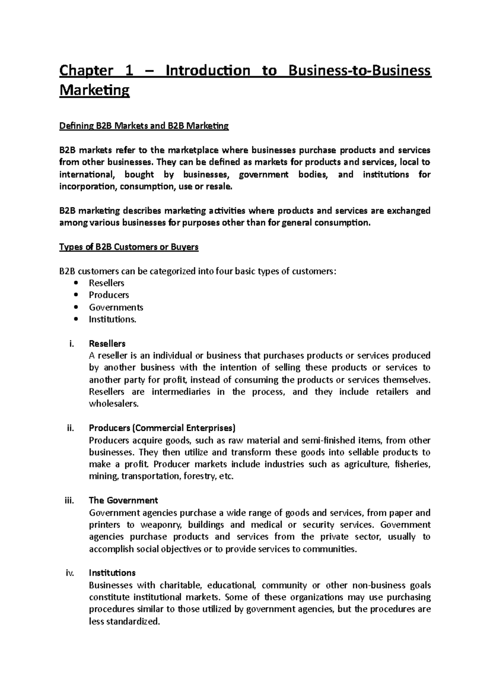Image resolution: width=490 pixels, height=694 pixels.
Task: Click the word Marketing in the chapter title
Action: pyautogui.click(x=94, y=90)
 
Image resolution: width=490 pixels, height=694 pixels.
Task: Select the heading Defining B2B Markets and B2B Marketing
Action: pyautogui.click(x=144, y=126)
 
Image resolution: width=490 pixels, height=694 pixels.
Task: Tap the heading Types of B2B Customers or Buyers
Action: pyautogui.click(x=129, y=247)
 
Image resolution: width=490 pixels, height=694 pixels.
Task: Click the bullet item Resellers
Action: pyautogui.click(x=106, y=283)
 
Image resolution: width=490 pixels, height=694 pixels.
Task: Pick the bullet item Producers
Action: pyautogui.click(x=109, y=295)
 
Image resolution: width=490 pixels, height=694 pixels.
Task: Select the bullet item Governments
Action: pyautogui.click(x=116, y=307)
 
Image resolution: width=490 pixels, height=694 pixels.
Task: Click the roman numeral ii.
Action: pyautogui.click(x=71, y=428)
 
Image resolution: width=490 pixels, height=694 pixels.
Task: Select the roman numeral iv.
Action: pyautogui.click(x=70, y=573)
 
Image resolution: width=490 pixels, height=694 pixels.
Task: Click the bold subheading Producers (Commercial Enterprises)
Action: pyautogui.click(x=162, y=428)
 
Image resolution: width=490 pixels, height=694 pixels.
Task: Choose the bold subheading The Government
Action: pyautogui.click(x=123, y=500)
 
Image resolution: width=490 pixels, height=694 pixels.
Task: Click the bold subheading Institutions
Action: pyautogui.click(x=112, y=573)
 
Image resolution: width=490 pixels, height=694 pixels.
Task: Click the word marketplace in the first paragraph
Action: pyautogui.click(x=193, y=150)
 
